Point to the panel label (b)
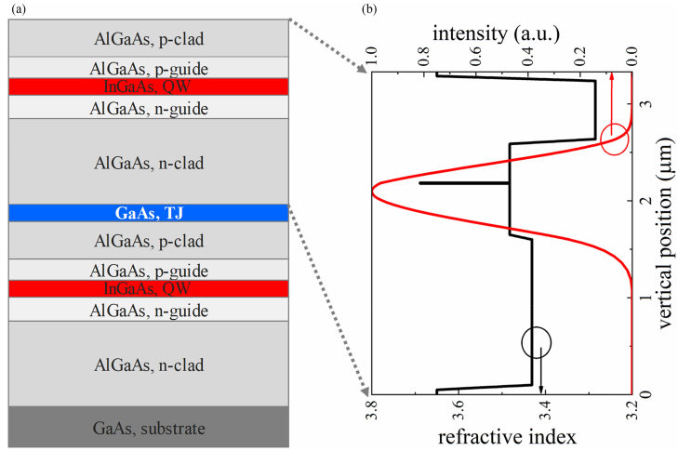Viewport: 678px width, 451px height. point(370,8)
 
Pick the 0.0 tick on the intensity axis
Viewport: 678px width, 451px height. point(632,56)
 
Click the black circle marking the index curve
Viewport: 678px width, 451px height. point(537,341)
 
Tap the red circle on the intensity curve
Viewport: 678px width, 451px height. point(614,139)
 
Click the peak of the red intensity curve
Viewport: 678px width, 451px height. point(372,192)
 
